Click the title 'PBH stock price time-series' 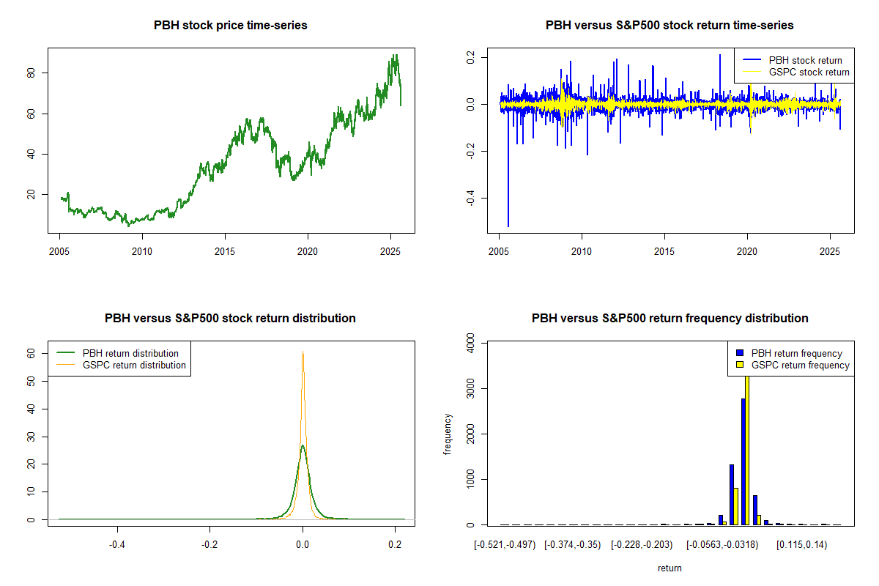pyautogui.click(x=230, y=26)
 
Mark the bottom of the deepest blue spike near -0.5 pyautogui.click(x=508, y=226)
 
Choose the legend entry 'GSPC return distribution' pyautogui.click(x=134, y=365)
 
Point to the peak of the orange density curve pyautogui.click(x=303, y=352)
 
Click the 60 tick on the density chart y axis pyautogui.click(x=31, y=353)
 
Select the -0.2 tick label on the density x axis pyautogui.click(x=209, y=546)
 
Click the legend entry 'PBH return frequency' pyautogui.click(x=797, y=353)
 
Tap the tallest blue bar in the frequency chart pyautogui.click(x=743, y=461)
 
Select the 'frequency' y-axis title pyautogui.click(x=448, y=434)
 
